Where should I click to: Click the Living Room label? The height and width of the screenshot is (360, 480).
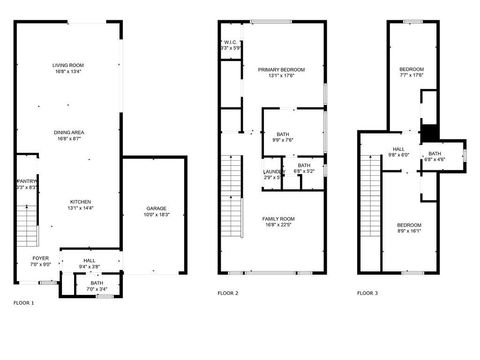68,68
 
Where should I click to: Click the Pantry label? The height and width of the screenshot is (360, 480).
26,184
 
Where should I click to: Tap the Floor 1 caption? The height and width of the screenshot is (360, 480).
23,302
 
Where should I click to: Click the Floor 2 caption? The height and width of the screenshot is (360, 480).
228,293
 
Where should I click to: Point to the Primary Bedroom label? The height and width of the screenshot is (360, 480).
281,71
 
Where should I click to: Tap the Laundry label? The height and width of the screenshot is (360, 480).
274,173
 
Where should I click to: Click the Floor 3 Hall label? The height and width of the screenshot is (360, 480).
398,151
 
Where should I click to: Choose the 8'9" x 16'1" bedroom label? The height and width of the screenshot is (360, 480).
408,227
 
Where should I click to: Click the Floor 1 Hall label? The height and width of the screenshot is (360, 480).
89,264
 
